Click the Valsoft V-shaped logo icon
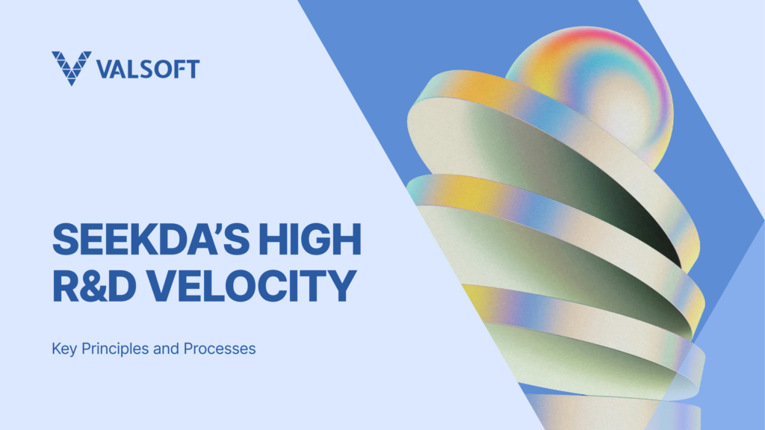(x=71, y=68)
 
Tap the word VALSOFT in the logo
(x=148, y=69)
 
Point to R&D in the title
(x=94, y=286)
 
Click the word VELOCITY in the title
(x=252, y=286)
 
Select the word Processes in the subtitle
(x=220, y=349)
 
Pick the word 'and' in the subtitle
(x=166, y=349)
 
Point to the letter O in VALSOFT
(x=162, y=69)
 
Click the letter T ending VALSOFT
(x=192, y=69)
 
